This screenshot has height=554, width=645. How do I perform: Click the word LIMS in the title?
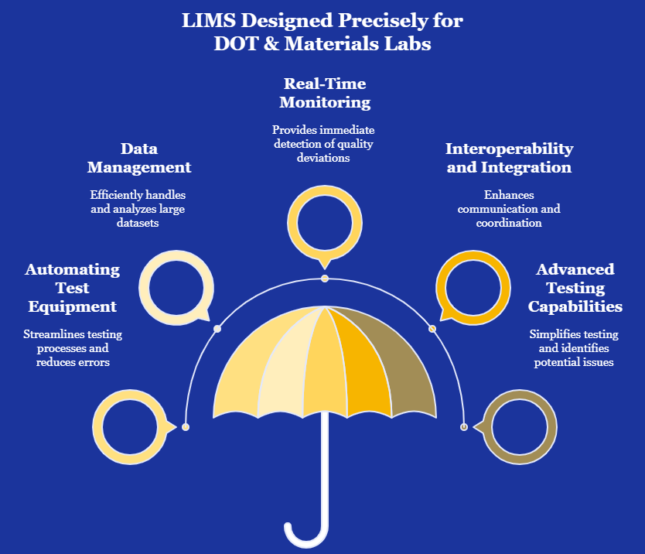click(x=209, y=21)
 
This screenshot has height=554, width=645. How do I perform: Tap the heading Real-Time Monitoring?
click(x=325, y=93)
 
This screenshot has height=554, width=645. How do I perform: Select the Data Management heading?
click(x=139, y=158)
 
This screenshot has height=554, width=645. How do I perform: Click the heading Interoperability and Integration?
click(x=509, y=158)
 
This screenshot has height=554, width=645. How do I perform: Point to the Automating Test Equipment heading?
click(x=73, y=288)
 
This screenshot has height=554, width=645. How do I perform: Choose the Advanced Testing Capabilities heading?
click(x=575, y=288)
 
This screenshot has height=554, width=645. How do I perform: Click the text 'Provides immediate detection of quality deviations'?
click(x=323, y=144)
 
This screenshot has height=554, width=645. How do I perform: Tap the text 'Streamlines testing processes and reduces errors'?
click(x=73, y=347)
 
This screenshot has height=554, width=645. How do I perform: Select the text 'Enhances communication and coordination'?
click(x=509, y=209)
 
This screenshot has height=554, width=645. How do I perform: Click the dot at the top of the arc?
click(x=325, y=279)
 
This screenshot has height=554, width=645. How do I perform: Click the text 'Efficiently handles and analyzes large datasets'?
click(x=138, y=209)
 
